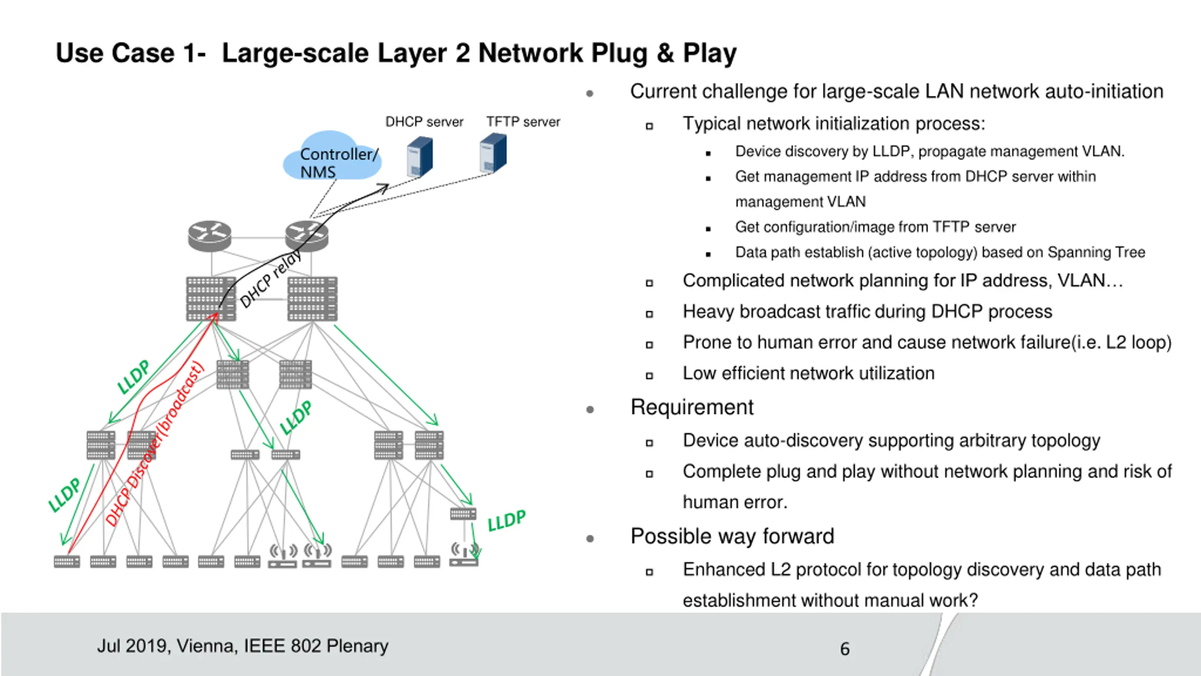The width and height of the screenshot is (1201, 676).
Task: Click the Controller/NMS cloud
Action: [332, 156]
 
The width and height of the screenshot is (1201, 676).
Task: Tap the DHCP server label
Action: [424, 122]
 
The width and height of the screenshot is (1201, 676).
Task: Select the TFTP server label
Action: [523, 122]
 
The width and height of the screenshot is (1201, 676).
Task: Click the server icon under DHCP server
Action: [419, 156]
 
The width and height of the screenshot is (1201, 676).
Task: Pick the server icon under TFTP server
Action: [493, 153]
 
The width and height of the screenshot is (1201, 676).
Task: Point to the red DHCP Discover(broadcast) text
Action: [155, 444]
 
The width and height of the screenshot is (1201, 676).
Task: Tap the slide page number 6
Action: [844, 649]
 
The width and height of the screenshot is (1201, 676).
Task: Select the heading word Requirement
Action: [692, 407]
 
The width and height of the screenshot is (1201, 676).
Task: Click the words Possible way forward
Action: [732, 536]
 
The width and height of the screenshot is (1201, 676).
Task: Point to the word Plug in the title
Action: [619, 53]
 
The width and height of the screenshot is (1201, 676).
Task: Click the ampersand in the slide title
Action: [665, 53]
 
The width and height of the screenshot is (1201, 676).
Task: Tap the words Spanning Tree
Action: [1096, 253]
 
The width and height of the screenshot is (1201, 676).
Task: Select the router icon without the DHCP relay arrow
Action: [210, 236]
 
